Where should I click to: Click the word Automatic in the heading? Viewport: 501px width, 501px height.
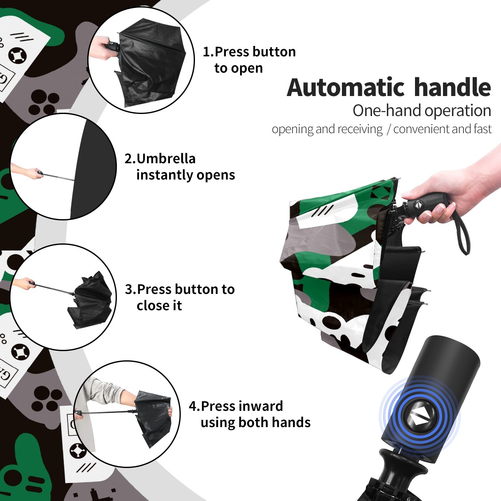[346, 87]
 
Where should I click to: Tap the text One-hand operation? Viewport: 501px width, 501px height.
[422, 111]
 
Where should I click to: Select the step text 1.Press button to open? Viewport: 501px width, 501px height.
[249, 60]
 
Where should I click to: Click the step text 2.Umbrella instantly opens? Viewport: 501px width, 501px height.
[180, 167]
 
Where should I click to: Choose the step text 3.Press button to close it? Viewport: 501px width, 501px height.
[180, 297]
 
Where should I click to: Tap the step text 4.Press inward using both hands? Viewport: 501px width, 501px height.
[250, 415]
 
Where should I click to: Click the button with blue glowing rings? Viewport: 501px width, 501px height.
[419, 418]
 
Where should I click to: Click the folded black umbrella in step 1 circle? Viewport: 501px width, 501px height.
[150, 63]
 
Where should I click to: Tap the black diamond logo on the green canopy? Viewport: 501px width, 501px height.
[382, 194]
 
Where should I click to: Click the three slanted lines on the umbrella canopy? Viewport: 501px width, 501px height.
[322, 210]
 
